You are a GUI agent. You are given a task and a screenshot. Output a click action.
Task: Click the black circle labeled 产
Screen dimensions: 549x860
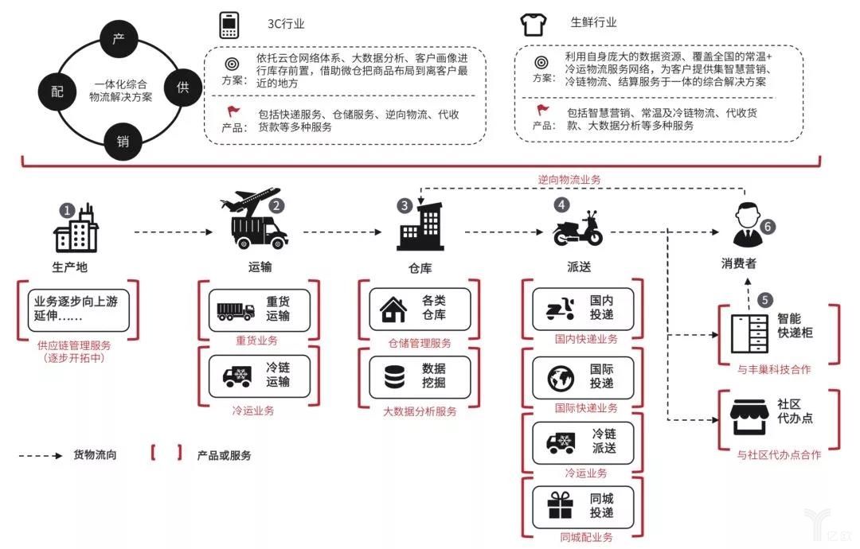119,40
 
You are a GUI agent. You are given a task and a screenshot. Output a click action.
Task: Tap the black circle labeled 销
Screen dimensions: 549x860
123,142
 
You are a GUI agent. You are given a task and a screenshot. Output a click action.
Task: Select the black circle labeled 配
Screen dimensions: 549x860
57,91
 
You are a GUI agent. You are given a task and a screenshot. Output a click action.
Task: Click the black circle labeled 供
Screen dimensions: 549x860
182,88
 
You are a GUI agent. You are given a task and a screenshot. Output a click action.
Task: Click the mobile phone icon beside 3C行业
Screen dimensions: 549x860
230,25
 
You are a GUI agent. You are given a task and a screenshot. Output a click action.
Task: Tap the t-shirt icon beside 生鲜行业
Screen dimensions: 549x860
532,25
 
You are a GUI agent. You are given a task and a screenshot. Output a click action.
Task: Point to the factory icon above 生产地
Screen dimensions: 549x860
76,231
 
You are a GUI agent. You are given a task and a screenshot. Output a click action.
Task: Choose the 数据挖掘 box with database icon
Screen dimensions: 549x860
419,376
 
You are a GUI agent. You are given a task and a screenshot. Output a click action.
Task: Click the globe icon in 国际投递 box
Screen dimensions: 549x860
561,376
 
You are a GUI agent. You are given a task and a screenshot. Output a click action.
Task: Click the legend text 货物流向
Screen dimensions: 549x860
95,455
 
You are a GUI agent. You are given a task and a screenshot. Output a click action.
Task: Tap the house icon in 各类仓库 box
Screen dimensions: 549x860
393,310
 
